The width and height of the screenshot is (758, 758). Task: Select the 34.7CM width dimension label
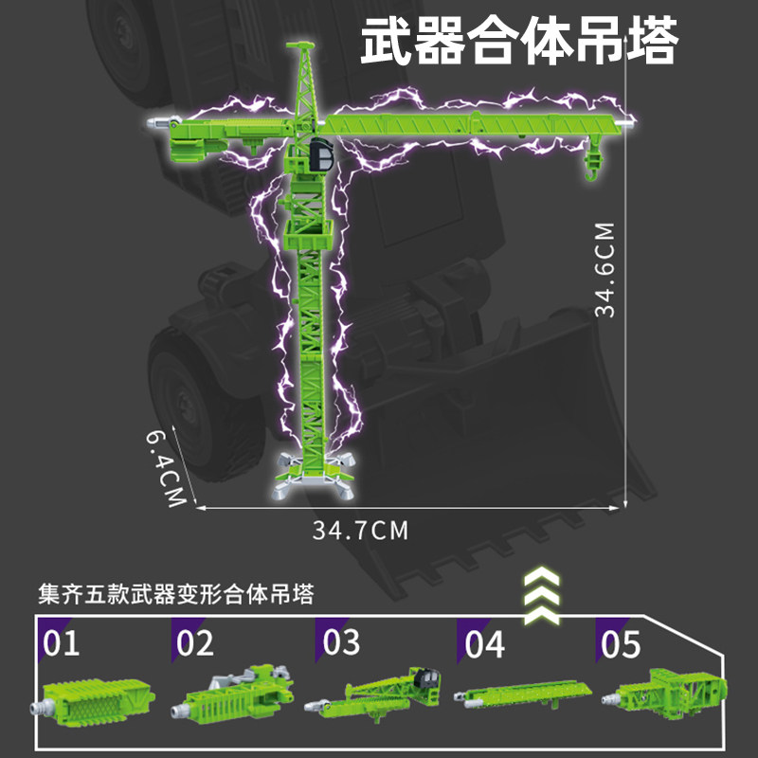[361, 530]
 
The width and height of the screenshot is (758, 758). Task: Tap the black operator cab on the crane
[320, 153]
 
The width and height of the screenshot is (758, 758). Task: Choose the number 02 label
[195, 643]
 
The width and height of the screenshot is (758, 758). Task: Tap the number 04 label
[484, 644]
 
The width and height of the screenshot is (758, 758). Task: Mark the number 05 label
[622, 644]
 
